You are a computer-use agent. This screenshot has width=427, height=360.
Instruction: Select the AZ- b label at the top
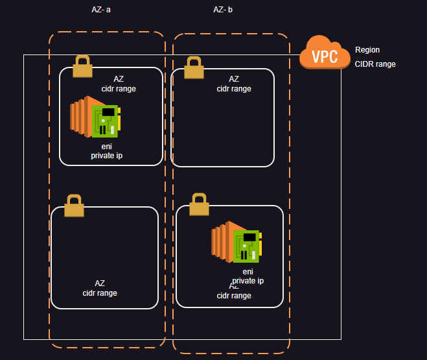click(x=223, y=10)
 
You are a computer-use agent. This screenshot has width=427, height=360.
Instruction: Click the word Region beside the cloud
click(x=367, y=50)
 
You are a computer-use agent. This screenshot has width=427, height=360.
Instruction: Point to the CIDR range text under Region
click(x=375, y=64)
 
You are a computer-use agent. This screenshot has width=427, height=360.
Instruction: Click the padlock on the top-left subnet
click(x=82, y=66)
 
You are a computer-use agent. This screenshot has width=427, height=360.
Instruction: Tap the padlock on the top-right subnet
click(x=194, y=67)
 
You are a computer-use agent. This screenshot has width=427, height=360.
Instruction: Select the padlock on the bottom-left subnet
click(x=74, y=205)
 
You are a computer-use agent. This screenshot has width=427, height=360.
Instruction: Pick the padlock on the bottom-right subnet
click(x=199, y=204)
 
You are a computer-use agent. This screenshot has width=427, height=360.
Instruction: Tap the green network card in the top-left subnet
click(x=105, y=121)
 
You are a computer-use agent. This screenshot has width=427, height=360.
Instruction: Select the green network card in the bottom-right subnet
click(x=246, y=246)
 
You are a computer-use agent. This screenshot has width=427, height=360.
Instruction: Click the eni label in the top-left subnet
click(x=107, y=147)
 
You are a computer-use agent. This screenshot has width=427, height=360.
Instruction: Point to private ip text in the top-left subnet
click(x=107, y=156)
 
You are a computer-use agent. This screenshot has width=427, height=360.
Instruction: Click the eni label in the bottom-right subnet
click(x=248, y=272)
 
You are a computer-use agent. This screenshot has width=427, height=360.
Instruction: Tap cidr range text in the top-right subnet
click(x=234, y=89)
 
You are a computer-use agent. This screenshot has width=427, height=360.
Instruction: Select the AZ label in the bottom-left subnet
click(x=100, y=283)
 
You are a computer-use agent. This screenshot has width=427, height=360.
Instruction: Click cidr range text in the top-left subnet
click(x=119, y=89)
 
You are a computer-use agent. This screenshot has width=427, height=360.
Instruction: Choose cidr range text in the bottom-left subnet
click(x=100, y=293)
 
